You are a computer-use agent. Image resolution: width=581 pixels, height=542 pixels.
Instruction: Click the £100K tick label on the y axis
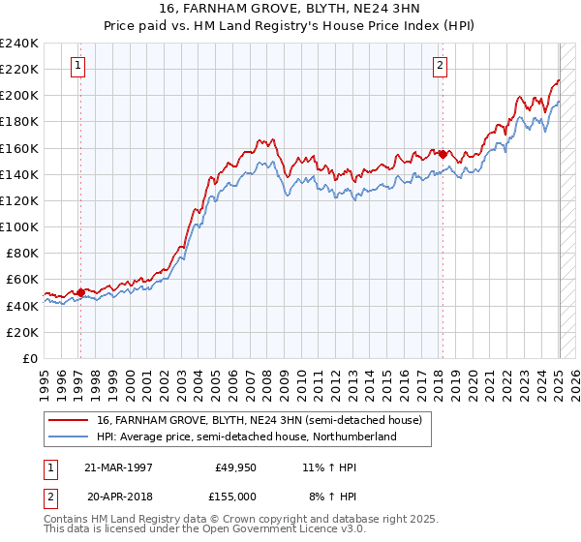19,226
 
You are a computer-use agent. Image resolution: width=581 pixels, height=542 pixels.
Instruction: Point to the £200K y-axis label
19,96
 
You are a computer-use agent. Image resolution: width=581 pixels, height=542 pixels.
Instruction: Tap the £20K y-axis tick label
22,332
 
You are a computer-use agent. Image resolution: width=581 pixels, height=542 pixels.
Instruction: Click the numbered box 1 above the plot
76,66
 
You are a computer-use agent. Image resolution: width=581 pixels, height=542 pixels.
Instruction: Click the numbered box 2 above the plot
440,66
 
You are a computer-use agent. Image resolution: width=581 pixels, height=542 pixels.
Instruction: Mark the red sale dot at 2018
443,154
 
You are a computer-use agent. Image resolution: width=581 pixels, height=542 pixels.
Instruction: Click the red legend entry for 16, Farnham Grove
259,421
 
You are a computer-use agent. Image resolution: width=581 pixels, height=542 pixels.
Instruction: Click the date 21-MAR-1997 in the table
118,467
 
